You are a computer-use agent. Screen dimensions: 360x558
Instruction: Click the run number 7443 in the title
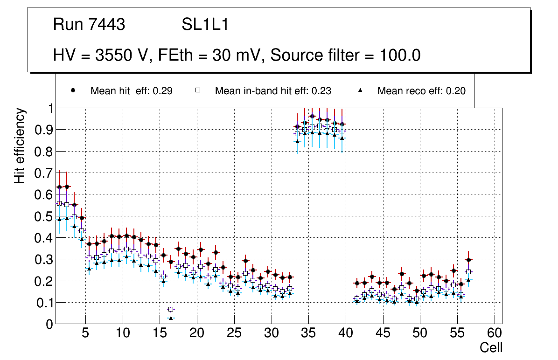[x=107, y=25]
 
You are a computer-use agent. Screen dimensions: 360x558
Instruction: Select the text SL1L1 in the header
[x=205, y=25]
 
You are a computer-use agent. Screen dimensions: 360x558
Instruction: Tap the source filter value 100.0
[x=396, y=55]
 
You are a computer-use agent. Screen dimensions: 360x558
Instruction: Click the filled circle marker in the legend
[x=73, y=91]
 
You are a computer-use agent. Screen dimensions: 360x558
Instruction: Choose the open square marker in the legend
[x=197, y=91]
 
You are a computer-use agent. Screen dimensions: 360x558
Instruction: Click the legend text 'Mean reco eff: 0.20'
[x=421, y=91]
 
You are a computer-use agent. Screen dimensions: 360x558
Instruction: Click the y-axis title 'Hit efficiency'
[x=20, y=145]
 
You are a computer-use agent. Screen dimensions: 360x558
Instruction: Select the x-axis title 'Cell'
[x=491, y=347]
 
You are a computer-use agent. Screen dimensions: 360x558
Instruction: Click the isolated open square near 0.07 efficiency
[x=171, y=309]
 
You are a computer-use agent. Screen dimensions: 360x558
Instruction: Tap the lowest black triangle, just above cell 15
[x=171, y=318]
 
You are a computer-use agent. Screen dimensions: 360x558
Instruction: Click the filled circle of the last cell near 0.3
[x=469, y=260]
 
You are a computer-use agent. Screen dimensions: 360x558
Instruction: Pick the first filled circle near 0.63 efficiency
[x=59, y=187]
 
